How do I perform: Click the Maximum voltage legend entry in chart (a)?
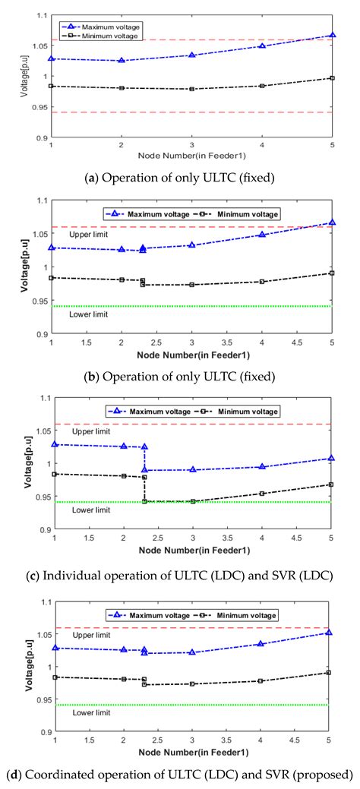tap(103, 28)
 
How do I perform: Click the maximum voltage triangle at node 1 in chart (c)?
tap(54, 444)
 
